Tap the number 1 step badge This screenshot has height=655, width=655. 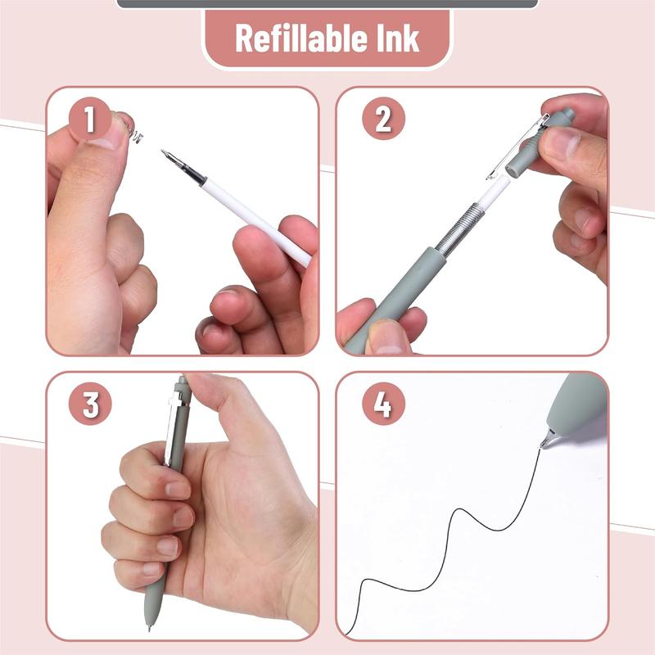(90, 121)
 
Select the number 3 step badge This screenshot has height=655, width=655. (90, 405)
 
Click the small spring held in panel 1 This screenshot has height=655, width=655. (136, 134)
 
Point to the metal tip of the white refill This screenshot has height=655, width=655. (169, 155)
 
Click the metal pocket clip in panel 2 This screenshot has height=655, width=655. (516, 147)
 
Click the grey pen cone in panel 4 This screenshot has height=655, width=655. (573, 405)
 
